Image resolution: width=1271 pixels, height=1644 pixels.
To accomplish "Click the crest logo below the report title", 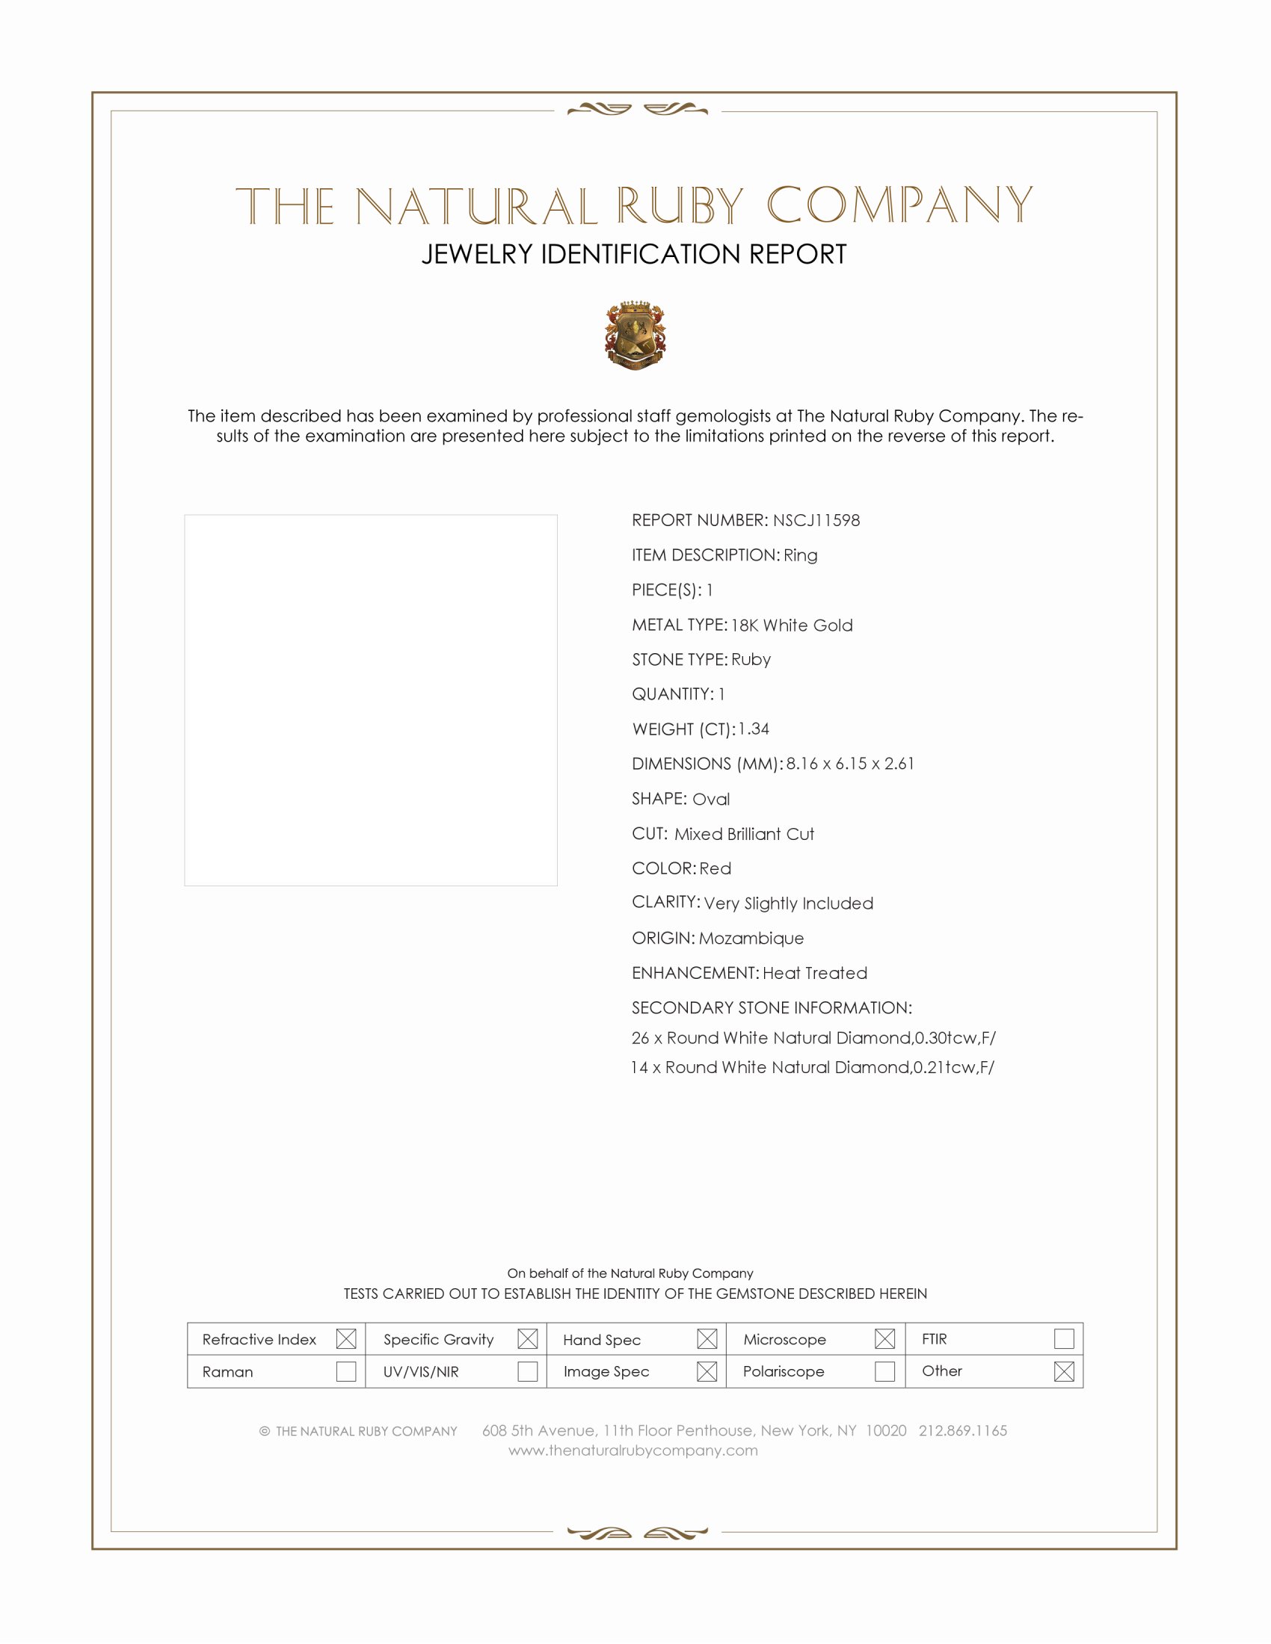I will point(635,335).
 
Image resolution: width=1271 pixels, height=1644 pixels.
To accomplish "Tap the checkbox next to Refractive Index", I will point(346,1338).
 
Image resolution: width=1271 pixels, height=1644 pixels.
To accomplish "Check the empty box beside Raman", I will point(346,1371).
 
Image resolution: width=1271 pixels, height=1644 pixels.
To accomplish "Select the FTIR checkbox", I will point(1064,1338).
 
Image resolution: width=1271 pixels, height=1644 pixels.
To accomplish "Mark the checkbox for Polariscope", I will point(884,1371).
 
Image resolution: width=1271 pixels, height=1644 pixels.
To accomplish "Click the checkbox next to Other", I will point(1064,1371).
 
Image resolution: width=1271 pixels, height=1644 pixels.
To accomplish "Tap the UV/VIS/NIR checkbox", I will point(528,1371).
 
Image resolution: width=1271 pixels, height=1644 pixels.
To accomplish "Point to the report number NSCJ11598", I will point(816,520).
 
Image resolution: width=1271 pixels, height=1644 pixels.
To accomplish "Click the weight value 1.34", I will point(754,729).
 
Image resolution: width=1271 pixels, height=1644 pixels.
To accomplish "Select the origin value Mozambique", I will point(751,938).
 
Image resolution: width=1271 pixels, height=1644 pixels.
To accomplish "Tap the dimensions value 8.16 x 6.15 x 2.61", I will point(850,763).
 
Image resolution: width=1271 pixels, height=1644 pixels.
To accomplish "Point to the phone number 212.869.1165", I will point(962,1430).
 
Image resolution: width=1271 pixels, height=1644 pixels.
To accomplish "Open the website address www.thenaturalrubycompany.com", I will point(633,1450).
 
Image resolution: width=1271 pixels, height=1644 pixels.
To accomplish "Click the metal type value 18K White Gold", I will point(792,625).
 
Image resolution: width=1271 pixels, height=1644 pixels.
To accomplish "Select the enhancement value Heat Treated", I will point(815,972).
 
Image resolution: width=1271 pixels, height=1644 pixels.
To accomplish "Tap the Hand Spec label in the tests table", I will point(602,1340).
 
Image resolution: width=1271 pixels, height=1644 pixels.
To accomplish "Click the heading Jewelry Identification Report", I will point(634,254).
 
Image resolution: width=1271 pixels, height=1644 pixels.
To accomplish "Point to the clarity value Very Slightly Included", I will point(788,903).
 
